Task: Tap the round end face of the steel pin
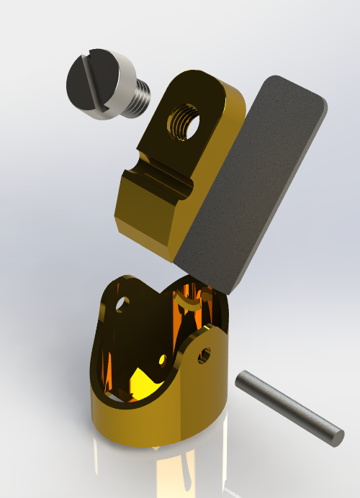point(336,435)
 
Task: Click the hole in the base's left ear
point(122,304)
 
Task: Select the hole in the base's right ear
point(205,354)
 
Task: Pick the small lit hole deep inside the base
point(163,359)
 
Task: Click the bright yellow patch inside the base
point(144,381)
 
